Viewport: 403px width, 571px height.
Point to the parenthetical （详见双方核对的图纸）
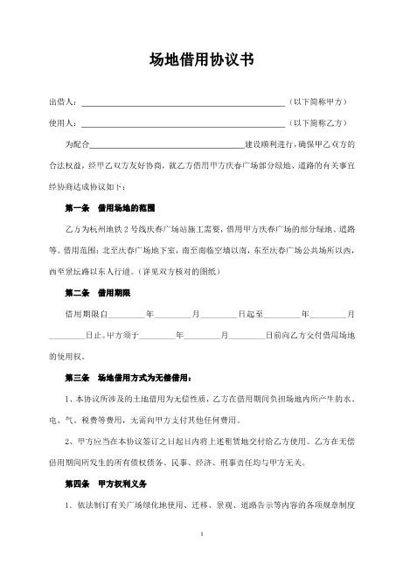pos(179,270)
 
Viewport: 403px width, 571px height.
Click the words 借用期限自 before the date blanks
pos(86,312)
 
